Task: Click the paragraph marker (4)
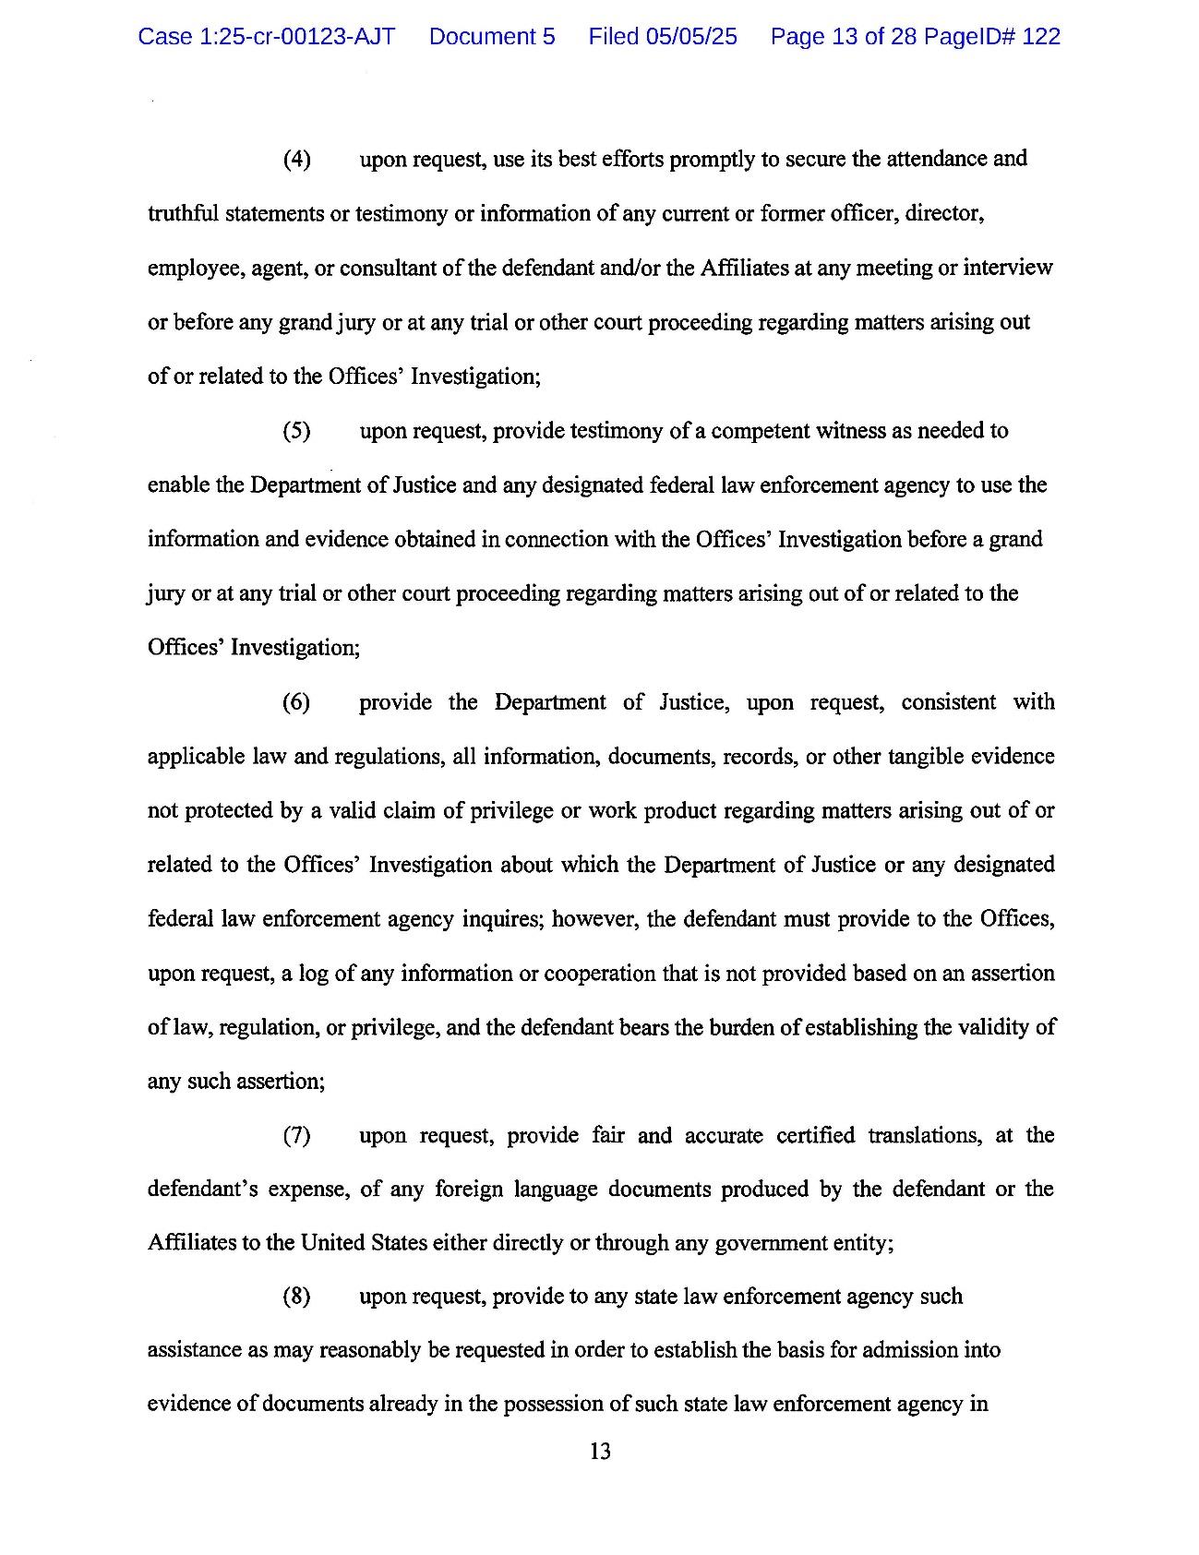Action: (x=296, y=160)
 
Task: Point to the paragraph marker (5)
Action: (x=296, y=431)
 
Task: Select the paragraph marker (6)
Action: (x=296, y=702)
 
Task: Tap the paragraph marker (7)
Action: (x=296, y=1135)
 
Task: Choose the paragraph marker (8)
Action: (x=296, y=1297)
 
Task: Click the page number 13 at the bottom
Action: (x=599, y=1452)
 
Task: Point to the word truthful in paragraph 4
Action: (x=183, y=214)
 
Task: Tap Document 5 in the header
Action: (x=492, y=37)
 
